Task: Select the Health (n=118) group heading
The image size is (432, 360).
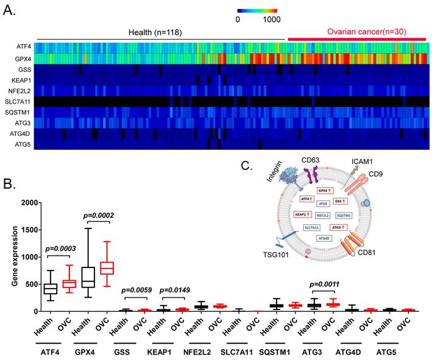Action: (155, 32)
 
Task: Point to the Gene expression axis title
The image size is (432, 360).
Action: (15, 257)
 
